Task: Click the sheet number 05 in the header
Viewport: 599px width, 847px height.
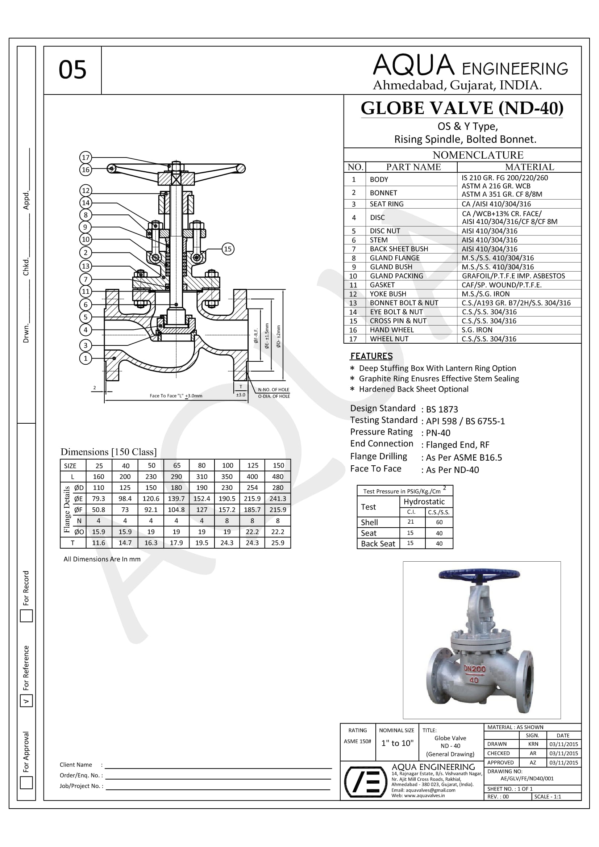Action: (x=72, y=70)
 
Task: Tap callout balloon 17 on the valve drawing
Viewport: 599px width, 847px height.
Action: (x=86, y=158)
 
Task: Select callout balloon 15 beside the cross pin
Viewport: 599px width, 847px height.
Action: (x=228, y=249)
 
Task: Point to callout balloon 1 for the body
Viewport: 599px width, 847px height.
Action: (x=86, y=358)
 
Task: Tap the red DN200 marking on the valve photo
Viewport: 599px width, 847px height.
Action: (x=475, y=669)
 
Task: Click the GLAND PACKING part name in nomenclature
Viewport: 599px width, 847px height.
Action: (x=396, y=276)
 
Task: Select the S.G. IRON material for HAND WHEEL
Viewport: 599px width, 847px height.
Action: (x=477, y=330)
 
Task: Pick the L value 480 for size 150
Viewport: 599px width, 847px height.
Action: (x=278, y=477)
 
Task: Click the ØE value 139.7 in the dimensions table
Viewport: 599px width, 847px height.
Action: (x=176, y=499)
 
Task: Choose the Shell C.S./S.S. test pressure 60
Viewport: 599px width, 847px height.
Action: (x=439, y=523)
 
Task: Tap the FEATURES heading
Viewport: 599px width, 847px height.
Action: (x=371, y=356)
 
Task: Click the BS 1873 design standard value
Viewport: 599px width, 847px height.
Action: (x=442, y=409)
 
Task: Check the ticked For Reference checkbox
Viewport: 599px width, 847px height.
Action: (x=26, y=701)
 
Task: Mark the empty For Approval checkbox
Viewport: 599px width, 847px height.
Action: (x=26, y=783)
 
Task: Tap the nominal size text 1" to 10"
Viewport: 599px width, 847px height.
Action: (x=397, y=743)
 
